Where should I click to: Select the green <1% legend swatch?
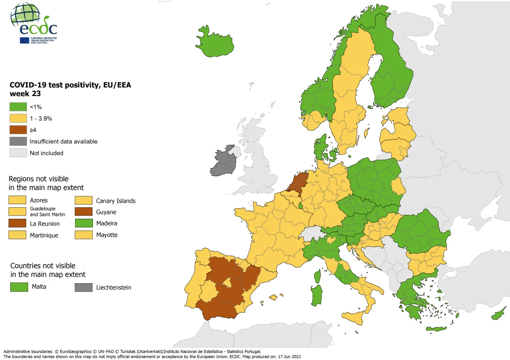point(17,107)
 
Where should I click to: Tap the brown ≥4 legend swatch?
point(17,130)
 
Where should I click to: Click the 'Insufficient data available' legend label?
point(63,141)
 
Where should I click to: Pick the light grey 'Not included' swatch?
point(17,153)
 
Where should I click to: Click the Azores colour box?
point(17,200)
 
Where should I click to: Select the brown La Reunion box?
point(17,223)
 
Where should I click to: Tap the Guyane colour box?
point(83,212)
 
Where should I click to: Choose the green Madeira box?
point(83,223)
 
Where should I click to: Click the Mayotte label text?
point(107,235)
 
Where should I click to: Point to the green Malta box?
point(19,287)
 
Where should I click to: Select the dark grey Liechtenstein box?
point(83,288)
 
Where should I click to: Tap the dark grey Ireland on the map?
point(223,163)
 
